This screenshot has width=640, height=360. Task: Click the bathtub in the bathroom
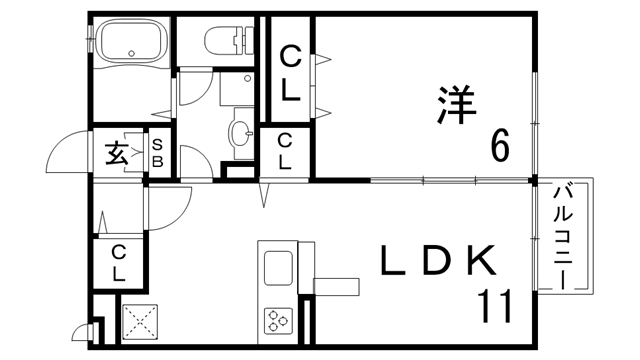(131, 45)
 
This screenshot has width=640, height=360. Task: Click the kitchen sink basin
(277, 268)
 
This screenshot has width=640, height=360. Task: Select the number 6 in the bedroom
(499, 147)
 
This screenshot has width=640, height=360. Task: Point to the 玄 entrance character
(116, 154)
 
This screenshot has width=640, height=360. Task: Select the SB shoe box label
(158, 155)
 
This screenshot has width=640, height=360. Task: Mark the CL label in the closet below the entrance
(119, 261)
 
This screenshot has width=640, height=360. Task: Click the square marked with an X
(141, 322)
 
